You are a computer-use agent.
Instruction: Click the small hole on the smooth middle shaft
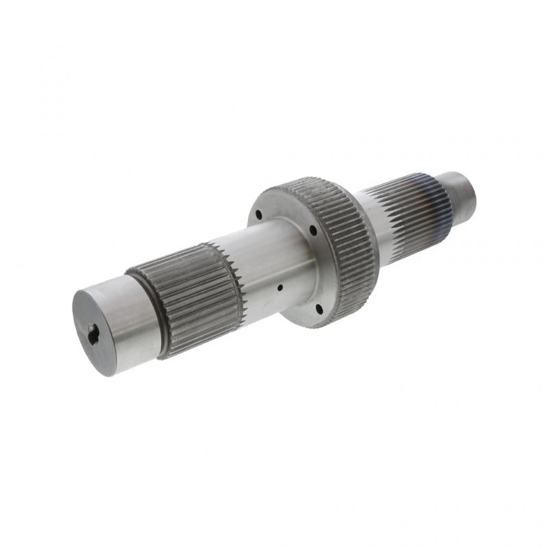pyautogui.click(x=279, y=288)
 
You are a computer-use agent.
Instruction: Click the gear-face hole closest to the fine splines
pyautogui.click(x=313, y=231)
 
